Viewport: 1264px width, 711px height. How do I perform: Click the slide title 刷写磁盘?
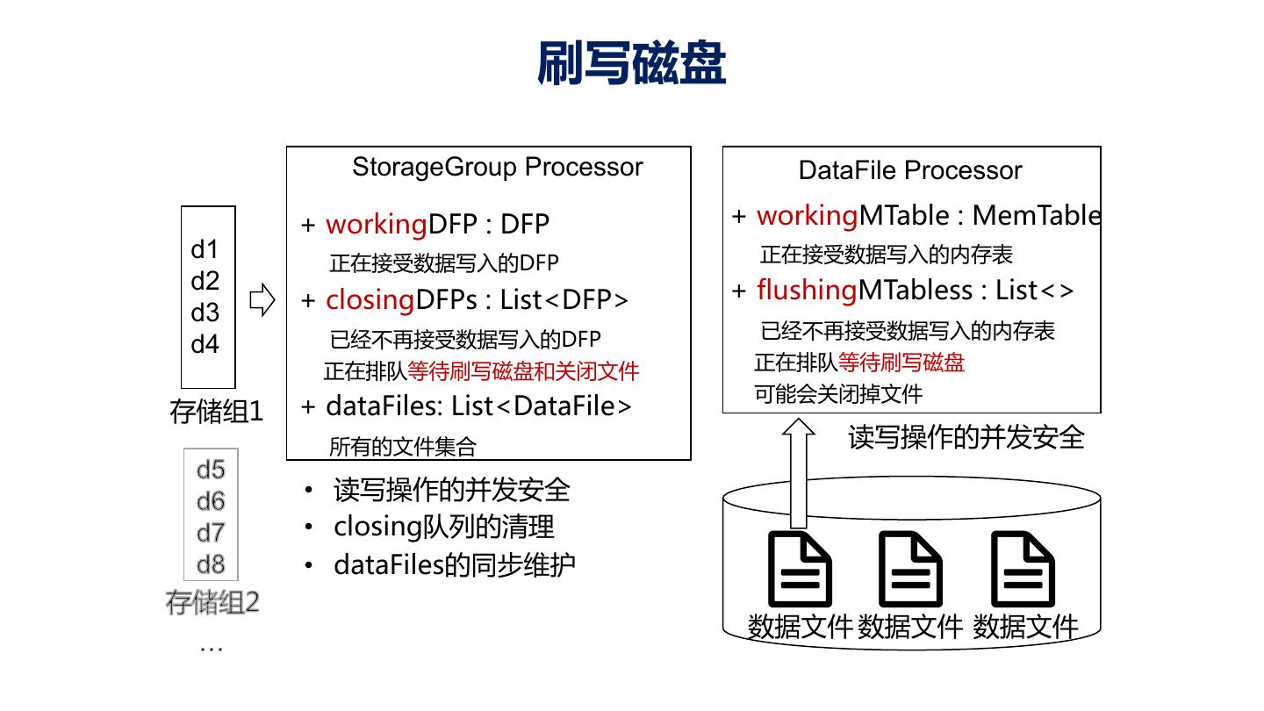click(631, 63)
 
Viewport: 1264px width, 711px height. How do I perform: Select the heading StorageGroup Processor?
click(497, 167)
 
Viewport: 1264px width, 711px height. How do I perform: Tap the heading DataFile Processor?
click(910, 170)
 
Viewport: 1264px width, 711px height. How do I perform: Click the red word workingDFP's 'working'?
click(376, 225)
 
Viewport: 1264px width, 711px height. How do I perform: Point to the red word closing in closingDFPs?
click(370, 300)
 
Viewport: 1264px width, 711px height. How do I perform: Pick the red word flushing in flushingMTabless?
click(807, 290)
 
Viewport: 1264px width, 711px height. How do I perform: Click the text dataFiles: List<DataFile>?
click(478, 406)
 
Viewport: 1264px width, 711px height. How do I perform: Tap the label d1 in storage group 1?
click(205, 250)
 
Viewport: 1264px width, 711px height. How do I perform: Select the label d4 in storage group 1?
click(205, 344)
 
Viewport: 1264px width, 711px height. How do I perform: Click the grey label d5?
click(211, 470)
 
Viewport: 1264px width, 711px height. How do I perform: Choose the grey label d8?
click(211, 564)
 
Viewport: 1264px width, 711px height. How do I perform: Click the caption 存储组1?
click(216, 412)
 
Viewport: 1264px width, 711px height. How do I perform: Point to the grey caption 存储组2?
click(212, 603)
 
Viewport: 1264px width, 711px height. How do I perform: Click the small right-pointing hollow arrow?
click(262, 300)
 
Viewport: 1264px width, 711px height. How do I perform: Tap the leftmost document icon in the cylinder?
click(800, 568)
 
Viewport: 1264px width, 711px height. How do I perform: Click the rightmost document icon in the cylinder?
click(1023, 568)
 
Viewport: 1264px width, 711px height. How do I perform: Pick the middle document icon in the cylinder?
click(910, 568)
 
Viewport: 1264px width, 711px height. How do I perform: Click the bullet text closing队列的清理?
click(443, 527)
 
